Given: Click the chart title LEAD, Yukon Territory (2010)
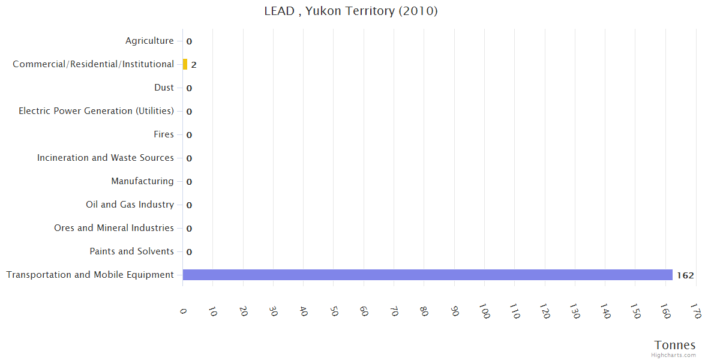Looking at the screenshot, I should click(x=351, y=11).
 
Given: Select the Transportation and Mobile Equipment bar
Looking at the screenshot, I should click(x=427, y=275).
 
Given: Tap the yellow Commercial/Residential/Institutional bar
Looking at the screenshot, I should click(x=185, y=64).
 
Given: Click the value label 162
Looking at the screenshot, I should click(x=685, y=275).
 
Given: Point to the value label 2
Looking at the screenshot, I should click(x=194, y=65).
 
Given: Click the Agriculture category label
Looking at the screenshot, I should click(x=149, y=41).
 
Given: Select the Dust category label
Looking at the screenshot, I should click(x=164, y=88).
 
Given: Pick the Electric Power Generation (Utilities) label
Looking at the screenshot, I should click(x=96, y=111).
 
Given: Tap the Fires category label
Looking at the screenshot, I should click(x=164, y=134).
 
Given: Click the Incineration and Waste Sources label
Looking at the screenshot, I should click(x=106, y=158).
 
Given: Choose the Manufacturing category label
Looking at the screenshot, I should click(x=142, y=181).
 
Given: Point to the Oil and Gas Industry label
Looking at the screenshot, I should click(x=130, y=205).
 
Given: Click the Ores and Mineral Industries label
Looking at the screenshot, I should click(x=114, y=228).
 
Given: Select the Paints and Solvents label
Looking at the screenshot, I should click(x=131, y=251).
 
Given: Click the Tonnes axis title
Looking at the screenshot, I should click(x=675, y=345).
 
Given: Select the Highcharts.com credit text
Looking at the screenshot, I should click(x=674, y=355).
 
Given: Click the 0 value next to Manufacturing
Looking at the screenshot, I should click(x=189, y=182).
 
